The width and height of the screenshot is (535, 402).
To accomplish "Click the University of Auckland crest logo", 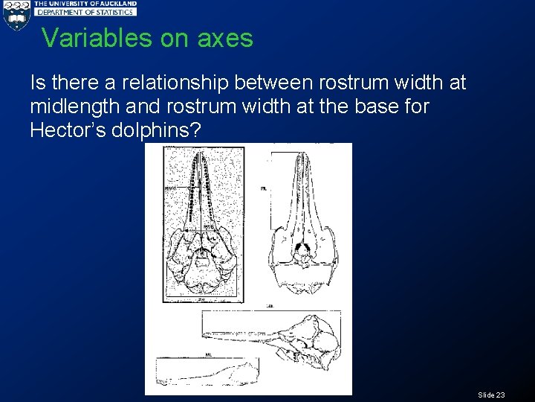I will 16,15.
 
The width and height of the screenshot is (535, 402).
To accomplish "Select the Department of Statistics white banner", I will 85,13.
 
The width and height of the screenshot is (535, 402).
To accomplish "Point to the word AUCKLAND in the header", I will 116,4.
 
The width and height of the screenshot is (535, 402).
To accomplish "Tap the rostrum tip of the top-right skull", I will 302,156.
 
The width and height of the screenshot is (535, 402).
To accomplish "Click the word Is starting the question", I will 38,82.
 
